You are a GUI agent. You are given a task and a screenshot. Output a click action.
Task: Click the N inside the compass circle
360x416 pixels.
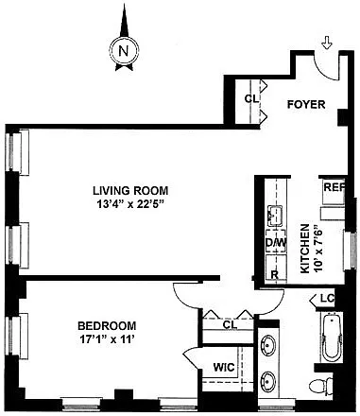[x=124, y=51]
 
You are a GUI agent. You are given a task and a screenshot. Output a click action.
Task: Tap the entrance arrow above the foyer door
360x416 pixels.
[x=328, y=43]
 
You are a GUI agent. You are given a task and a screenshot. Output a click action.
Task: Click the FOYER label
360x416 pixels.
[x=306, y=104]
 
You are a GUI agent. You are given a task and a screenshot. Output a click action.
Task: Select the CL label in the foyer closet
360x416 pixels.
[x=251, y=99]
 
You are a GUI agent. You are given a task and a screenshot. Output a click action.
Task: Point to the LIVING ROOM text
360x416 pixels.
[x=130, y=191]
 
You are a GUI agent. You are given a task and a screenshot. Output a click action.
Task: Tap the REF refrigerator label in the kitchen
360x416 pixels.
[x=334, y=187]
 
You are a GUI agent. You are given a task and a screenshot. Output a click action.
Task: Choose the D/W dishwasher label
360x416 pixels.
[x=276, y=243]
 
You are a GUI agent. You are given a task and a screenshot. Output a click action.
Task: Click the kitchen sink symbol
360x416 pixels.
[x=275, y=216]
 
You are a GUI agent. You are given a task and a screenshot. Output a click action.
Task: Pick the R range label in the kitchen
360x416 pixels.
[x=275, y=274]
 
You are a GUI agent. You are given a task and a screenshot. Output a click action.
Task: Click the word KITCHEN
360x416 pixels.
[x=305, y=249]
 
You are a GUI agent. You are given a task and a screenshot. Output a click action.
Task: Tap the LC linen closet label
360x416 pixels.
[x=327, y=298]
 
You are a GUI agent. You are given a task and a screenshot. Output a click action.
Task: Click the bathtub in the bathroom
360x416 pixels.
[x=332, y=338]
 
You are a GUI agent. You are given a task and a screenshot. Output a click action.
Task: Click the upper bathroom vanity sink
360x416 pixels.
[x=267, y=345]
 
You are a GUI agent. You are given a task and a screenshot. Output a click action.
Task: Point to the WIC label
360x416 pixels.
[x=224, y=367]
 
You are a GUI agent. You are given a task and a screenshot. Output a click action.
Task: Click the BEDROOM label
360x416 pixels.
[x=107, y=325]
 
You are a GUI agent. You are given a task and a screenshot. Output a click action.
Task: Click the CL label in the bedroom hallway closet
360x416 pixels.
[x=230, y=325]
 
